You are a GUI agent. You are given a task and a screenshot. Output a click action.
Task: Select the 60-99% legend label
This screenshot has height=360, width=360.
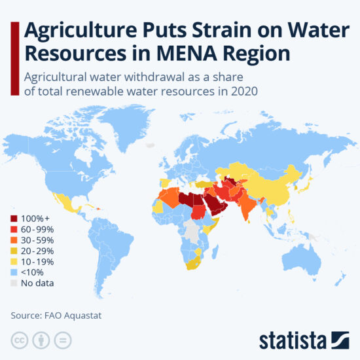coord(37,230)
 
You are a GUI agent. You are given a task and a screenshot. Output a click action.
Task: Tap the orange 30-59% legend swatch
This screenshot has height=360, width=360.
coord(14,240)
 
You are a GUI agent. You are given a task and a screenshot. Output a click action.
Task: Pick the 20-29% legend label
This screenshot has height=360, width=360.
coord(37,251)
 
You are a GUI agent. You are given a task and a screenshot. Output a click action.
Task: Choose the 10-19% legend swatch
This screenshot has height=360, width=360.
coord(14,262)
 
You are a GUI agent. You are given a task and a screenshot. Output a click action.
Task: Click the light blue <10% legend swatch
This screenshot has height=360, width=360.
coord(14,272)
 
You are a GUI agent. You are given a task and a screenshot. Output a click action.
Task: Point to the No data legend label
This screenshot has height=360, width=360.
coord(37,283)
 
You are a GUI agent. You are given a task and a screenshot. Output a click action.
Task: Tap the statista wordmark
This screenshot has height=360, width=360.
coord(292,340)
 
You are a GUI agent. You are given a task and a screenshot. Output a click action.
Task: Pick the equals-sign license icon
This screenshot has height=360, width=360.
coord(62,340)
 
